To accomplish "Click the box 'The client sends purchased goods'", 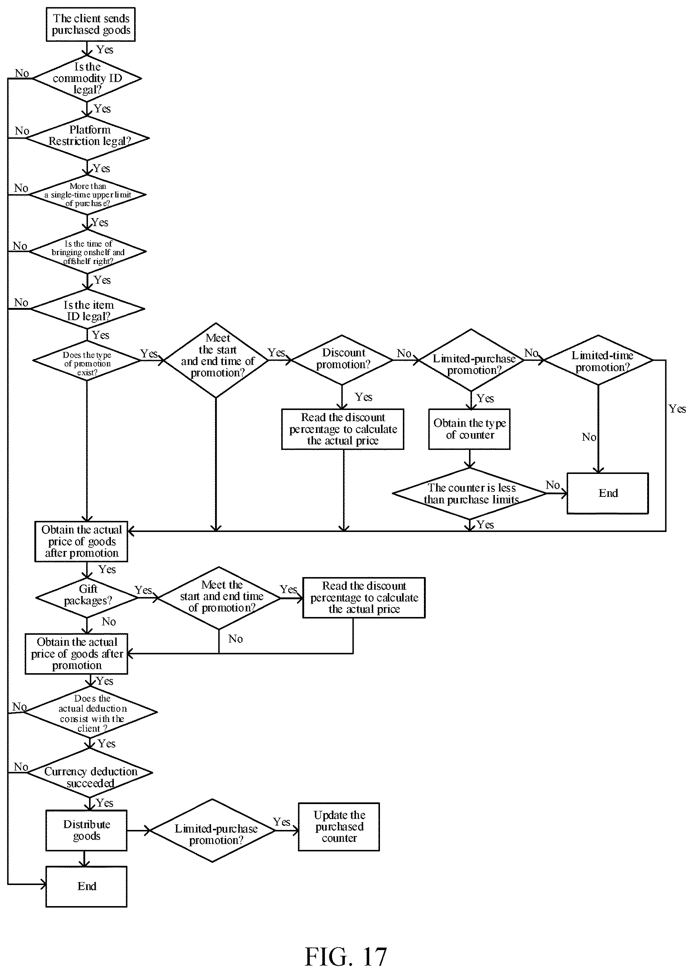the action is point(91,24).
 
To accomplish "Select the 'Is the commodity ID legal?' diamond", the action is point(87,78).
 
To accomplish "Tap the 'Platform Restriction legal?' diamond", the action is point(88,138).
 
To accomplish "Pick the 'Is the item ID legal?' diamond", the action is point(88,309).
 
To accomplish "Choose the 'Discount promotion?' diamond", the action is point(342,360).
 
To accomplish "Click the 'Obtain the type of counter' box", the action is point(469,429).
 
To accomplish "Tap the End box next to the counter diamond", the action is point(608,493).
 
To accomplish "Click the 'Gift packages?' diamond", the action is point(87,598).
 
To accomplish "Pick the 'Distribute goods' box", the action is point(86,830).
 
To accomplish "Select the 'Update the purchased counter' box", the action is point(339,827).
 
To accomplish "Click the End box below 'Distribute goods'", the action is point(86,886).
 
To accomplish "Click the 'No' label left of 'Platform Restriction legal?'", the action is point(22,130).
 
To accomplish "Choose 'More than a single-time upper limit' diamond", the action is point(87,194).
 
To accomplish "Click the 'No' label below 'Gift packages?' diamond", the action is point(109,622).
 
